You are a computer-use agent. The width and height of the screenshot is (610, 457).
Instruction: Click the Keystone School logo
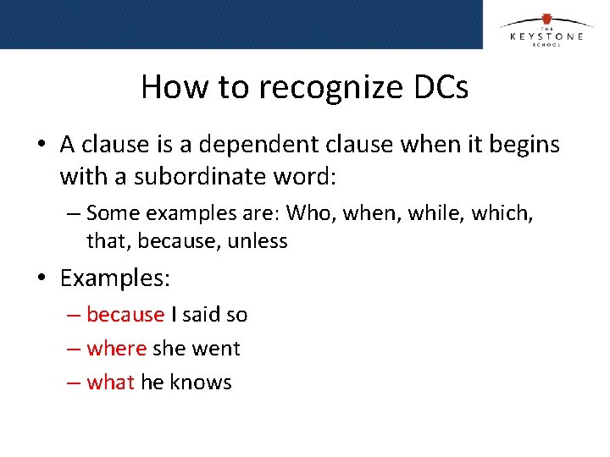[x=545, y=31]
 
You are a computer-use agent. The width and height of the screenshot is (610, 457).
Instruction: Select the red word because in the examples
[x=125, y=315]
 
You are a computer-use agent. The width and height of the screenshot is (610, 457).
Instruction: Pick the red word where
[x=117, y=349]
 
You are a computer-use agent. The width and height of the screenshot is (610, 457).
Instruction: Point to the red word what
[x=111, y=383]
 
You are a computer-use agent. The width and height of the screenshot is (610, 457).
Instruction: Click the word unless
[x=255, y=241]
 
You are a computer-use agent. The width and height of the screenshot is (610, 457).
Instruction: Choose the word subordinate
[x=178, y=177]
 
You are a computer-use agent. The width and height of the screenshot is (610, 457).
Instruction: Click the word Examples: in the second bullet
[x=115, y=278]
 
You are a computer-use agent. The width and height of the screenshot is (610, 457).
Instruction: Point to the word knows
[x=201, y=383]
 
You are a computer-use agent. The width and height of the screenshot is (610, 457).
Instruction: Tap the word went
[x=216, y=349]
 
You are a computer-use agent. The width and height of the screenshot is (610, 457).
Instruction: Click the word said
[x=201, y=315]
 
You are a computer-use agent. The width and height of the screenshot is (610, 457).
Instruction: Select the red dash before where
[x=75, y=349]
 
